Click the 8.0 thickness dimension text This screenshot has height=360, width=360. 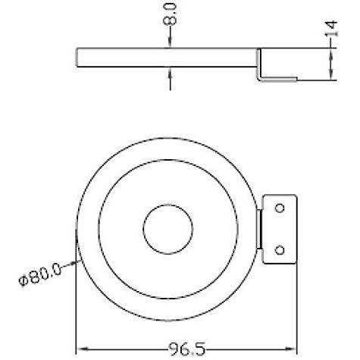(170, 14)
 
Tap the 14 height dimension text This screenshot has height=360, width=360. (330, 28)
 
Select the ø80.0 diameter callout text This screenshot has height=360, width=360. (40, 274)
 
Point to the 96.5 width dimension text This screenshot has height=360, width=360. (187, 349)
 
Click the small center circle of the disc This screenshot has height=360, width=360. (168, 229)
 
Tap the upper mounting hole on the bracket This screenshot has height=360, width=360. (280, 208)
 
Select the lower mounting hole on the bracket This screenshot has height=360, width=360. (280, 250)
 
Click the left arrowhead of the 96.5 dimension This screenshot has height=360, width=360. (82, 349)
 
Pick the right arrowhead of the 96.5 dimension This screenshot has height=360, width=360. (290, 349)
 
